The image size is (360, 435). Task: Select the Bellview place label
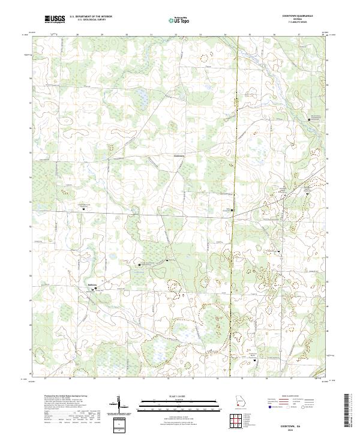click(x=92, y=285)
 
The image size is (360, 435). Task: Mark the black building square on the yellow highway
click(x=233, y=210)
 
